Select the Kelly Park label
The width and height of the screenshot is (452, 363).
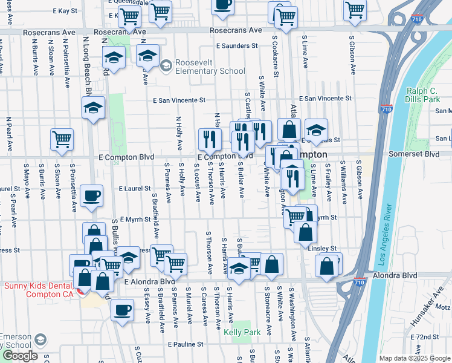[242, 332]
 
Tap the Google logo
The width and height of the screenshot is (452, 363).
[21, 355]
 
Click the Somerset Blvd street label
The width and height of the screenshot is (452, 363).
[415, 155]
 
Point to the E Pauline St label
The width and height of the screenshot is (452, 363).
[189, 344]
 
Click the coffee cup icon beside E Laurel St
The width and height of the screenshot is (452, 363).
[92, 196]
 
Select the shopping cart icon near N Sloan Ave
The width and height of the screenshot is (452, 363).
[62, 139]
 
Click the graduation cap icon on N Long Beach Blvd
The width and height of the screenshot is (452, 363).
[93, 108]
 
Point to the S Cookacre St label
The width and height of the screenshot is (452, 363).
[274, 56]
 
